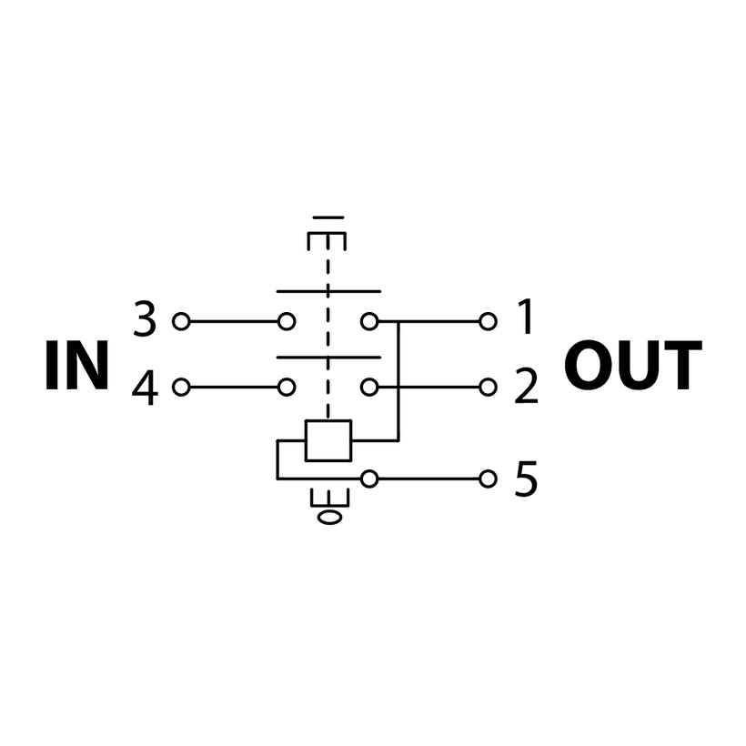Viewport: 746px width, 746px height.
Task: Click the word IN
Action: point(76,367)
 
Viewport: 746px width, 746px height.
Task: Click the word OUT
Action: point(632,367)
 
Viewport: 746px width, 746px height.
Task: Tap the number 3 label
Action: point(145,320)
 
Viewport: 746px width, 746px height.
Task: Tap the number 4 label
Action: point(145,389)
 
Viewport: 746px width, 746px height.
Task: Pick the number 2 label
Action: point(527,388)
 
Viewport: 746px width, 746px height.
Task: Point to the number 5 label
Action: point(527,479)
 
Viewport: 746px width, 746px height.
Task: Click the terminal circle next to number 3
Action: point(181,321)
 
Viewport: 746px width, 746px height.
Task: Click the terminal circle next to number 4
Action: point(181,388)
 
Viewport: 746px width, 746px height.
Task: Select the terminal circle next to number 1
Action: point(489,321)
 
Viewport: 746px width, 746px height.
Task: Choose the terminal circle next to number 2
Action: point(489,388)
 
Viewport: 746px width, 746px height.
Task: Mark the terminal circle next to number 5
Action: point(489,479)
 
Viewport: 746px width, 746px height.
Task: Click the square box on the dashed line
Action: point(328,440)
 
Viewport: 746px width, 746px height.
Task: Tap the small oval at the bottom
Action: point(328,518)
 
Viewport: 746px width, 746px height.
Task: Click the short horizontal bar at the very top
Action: point(328,218)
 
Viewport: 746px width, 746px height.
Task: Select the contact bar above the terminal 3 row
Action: point(328,292)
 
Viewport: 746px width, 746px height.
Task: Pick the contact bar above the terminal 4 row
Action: point(328,358)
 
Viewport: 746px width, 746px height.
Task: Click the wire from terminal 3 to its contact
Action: point(233,321)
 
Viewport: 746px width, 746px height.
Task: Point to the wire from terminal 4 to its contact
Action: point(233,388)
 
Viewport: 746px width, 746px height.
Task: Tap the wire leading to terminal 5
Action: point(428,479)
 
